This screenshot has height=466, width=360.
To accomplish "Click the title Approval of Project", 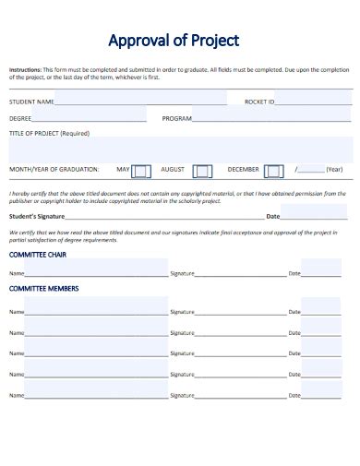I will tap(174, 41).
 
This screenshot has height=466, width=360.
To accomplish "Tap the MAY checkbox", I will tap(140, 171).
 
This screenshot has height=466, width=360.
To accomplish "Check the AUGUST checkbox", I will tap(202, 171).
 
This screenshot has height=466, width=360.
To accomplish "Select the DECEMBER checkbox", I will tap(273, 171).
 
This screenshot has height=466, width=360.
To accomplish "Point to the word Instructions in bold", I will tap(25, 70).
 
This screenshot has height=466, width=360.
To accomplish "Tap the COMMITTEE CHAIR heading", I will tap(38, 254).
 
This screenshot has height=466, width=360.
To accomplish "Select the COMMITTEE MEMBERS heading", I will tap(43, 289).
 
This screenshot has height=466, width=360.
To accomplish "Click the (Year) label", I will tap(334, 170).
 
